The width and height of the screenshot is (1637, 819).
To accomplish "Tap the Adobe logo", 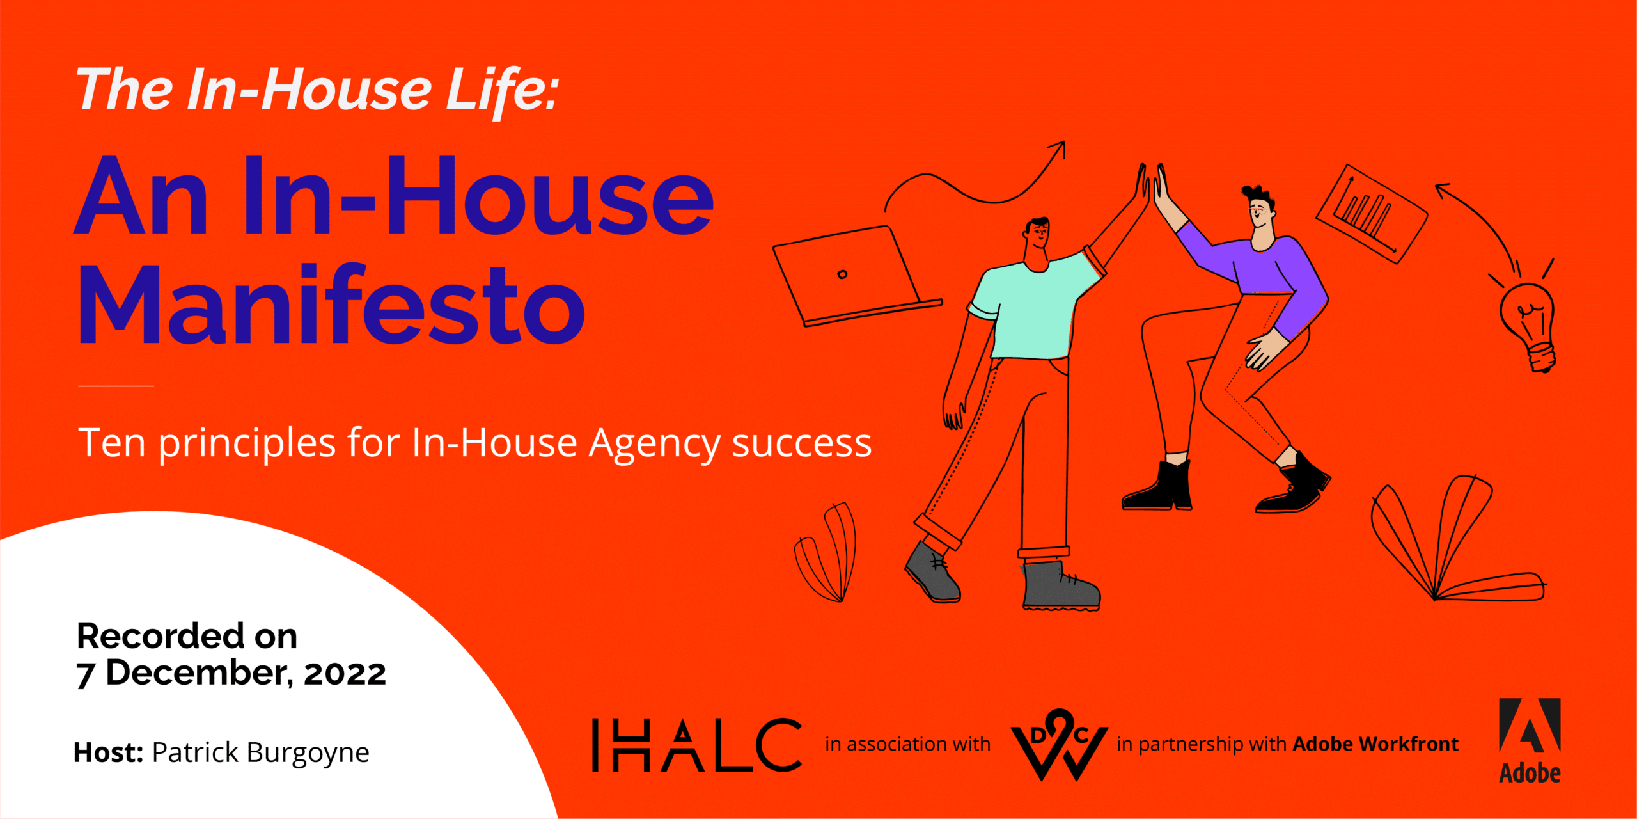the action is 1530,740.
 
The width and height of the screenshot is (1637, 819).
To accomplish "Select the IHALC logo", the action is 697,744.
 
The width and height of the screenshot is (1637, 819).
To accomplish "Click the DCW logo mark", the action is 1059,744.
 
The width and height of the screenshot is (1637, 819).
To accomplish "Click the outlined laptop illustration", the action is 857,276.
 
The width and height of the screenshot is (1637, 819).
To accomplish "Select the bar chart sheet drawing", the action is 1372,214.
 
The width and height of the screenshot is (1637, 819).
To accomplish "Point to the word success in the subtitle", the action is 802,443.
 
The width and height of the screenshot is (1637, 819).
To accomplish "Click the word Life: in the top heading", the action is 503,91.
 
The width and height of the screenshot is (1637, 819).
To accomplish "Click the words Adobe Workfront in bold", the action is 1375,744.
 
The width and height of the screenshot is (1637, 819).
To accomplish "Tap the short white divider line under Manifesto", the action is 116,386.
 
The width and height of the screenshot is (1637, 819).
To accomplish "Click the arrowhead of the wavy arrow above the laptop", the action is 1058,148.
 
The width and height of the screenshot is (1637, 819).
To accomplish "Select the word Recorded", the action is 161,636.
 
